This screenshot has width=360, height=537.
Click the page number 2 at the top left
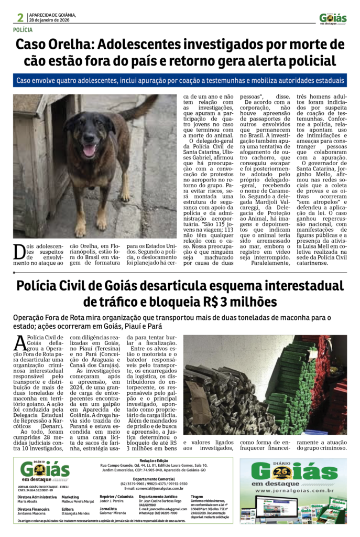(19, 17)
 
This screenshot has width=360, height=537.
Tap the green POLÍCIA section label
(25, 30)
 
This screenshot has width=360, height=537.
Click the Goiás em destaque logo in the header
(333, 19)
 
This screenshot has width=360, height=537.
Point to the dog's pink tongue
(89, 151)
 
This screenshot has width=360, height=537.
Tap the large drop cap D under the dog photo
(19, 252)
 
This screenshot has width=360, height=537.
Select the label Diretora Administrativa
(37, 496)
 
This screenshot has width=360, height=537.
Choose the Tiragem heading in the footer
(197, 496)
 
